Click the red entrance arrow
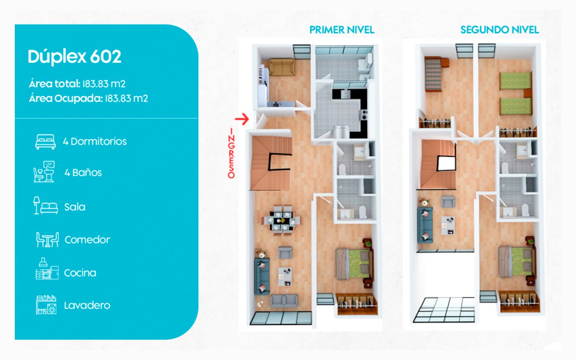(x=242, y=119)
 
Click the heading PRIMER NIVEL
(x=342, y=30)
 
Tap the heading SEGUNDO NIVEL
(x=499, y=30)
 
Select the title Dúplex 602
(x=74, y=57)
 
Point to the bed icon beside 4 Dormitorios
(x=46, y=142)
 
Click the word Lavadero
(x=87, y=306)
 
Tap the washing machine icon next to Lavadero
(x=46, y=305)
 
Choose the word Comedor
(x=87, y=240)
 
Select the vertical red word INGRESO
(x=231, y=153)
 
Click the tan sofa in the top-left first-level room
(x=282, y=67)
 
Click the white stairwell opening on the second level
(x=446, y=163)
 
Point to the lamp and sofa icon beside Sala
(x=46, y=206)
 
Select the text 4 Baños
(x=83, y=172)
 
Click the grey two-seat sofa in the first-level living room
(x=284, y=301)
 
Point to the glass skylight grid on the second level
(x=444, y=310)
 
